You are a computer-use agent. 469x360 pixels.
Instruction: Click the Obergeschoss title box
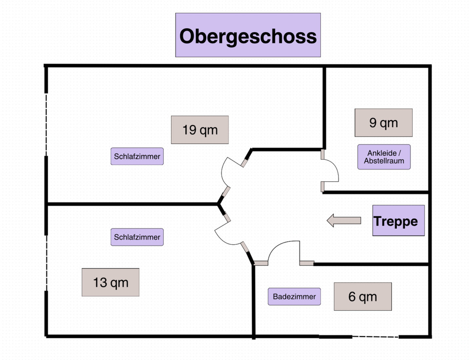point(248,35)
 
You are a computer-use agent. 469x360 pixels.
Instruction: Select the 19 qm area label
point(200,130)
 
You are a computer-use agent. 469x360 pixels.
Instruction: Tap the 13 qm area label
point(110,282)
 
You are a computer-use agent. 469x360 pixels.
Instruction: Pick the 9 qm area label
point(384,123)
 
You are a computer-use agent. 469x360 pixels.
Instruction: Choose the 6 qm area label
point(362,296)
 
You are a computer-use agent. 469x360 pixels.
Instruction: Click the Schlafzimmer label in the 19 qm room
point(137,157)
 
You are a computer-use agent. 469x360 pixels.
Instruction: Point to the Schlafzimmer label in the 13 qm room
point(137,237)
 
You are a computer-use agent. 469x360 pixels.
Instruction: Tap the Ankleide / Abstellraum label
point(384,157)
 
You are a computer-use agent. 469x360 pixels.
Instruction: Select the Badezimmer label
point(294,296)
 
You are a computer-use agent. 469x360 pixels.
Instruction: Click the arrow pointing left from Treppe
point(343,221)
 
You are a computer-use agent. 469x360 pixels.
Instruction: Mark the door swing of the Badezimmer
point(283,252)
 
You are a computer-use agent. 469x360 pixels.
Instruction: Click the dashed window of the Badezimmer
point(375,337)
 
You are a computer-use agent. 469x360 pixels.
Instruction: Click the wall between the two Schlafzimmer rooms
point(132,204)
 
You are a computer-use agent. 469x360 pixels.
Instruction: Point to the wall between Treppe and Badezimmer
point(371,264)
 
